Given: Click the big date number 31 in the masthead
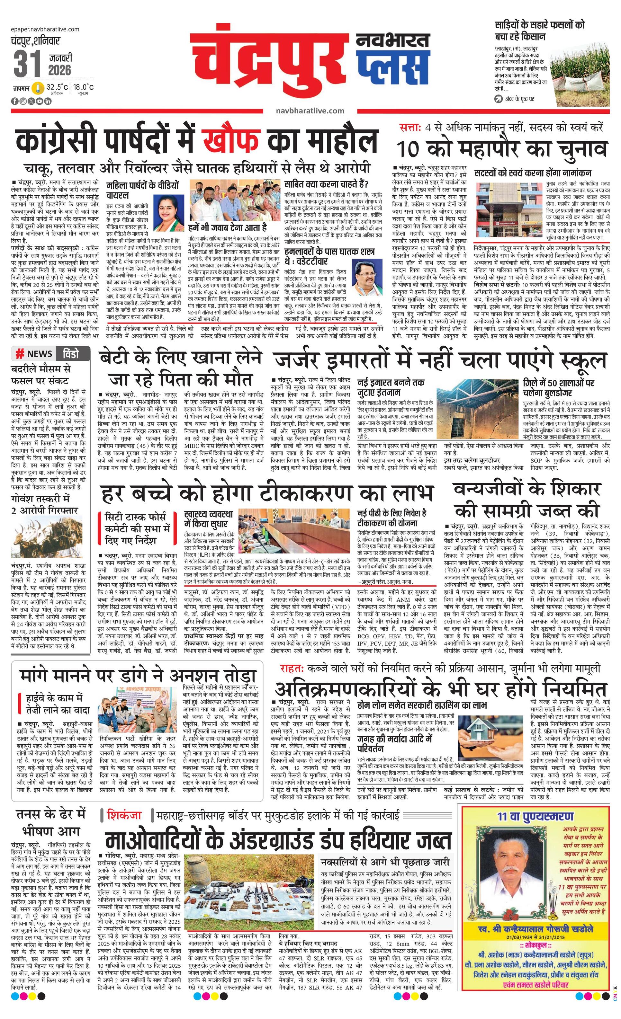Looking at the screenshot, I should [27, 63].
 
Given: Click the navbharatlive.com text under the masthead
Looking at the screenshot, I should [310, 111].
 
